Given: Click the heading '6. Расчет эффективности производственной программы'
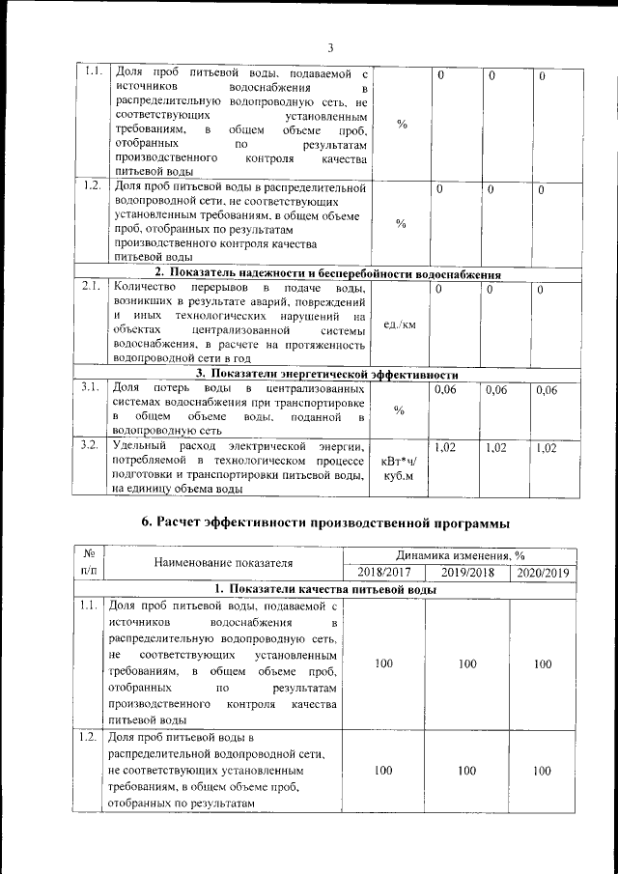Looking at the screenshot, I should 325,522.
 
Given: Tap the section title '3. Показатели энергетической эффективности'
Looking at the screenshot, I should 326,374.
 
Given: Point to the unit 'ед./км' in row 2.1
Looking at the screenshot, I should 399,324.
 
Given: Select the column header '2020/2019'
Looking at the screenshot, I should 544,572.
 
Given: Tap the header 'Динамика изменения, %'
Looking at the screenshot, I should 462,554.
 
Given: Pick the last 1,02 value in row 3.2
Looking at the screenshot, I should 546,447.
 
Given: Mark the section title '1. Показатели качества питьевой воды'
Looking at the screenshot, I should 325,589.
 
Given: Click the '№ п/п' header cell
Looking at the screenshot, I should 89,563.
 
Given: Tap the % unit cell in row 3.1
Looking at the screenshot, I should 400,409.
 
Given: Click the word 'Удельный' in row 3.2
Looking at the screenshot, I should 137,445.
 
